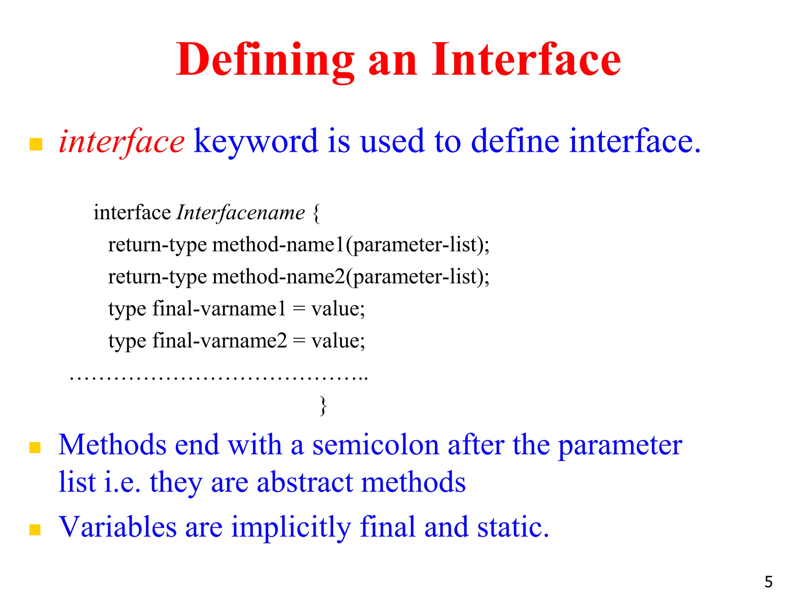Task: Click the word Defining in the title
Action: [265, 61]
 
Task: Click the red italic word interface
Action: [121, 142]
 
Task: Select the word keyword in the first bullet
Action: [256, 142]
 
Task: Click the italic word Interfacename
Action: [241, 213]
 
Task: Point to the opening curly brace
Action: [316, 213]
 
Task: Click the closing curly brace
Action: [323, 406]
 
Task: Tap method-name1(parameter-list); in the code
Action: [350, 245]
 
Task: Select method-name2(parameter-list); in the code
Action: [350, 277]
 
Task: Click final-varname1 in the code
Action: [219, 309]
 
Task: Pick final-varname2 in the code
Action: [219, 341]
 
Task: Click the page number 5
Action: [769, 582]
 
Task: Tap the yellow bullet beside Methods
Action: [35, 447]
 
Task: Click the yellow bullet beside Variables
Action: [35, 529]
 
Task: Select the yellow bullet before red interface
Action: [36, 144]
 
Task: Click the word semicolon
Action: [375, 446]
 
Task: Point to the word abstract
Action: [304, 482]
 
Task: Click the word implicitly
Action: [291, 527]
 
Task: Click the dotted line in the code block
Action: [219, 378]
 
